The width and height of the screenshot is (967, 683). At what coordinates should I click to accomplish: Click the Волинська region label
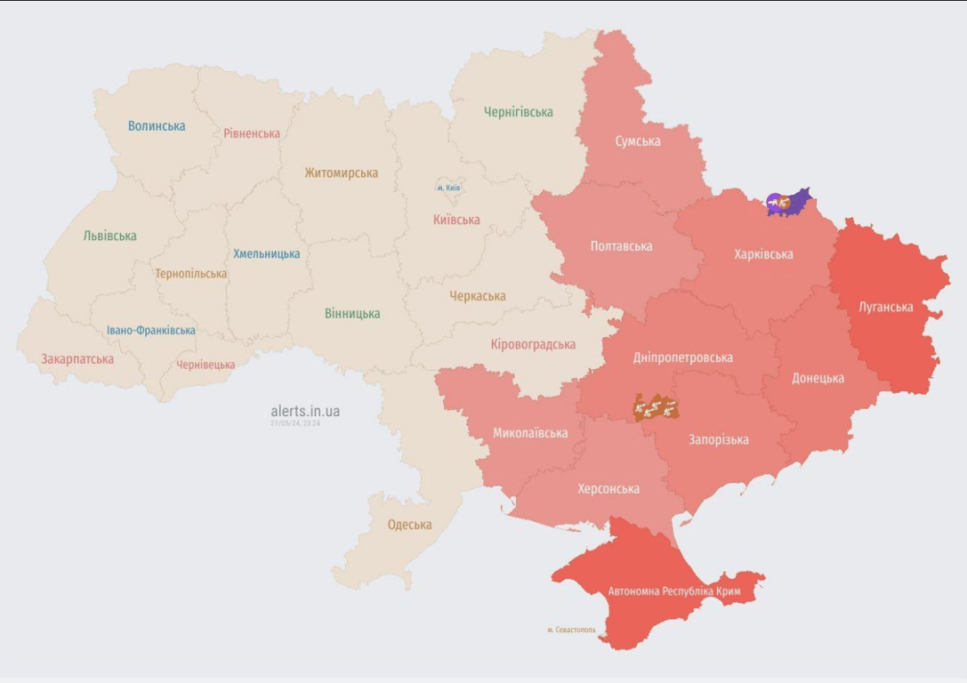157,126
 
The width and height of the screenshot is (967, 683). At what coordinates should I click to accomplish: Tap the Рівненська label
252,133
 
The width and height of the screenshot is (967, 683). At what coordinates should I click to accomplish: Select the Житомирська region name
341,173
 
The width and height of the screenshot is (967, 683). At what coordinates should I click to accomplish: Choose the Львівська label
109,236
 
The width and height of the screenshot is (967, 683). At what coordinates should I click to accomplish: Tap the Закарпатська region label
77,359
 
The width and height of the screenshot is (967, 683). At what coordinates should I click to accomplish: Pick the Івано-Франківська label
151,330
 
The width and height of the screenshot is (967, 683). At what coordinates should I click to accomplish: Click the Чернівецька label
205,365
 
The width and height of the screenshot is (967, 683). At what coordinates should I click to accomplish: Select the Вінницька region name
352,313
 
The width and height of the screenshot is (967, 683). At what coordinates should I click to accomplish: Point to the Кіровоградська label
533,344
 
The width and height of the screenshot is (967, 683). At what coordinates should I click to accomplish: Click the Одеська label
409,525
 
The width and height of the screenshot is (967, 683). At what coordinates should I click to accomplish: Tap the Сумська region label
638,141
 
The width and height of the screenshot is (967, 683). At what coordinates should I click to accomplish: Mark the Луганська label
886,307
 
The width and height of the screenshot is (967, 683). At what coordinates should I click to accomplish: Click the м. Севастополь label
571,630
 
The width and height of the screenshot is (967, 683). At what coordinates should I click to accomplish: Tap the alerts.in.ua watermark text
305,411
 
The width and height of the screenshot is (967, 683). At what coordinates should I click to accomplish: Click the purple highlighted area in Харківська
788,203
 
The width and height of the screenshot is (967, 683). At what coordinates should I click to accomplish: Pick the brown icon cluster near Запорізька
656,407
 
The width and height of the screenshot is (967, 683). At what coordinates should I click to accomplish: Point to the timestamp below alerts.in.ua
295,423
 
